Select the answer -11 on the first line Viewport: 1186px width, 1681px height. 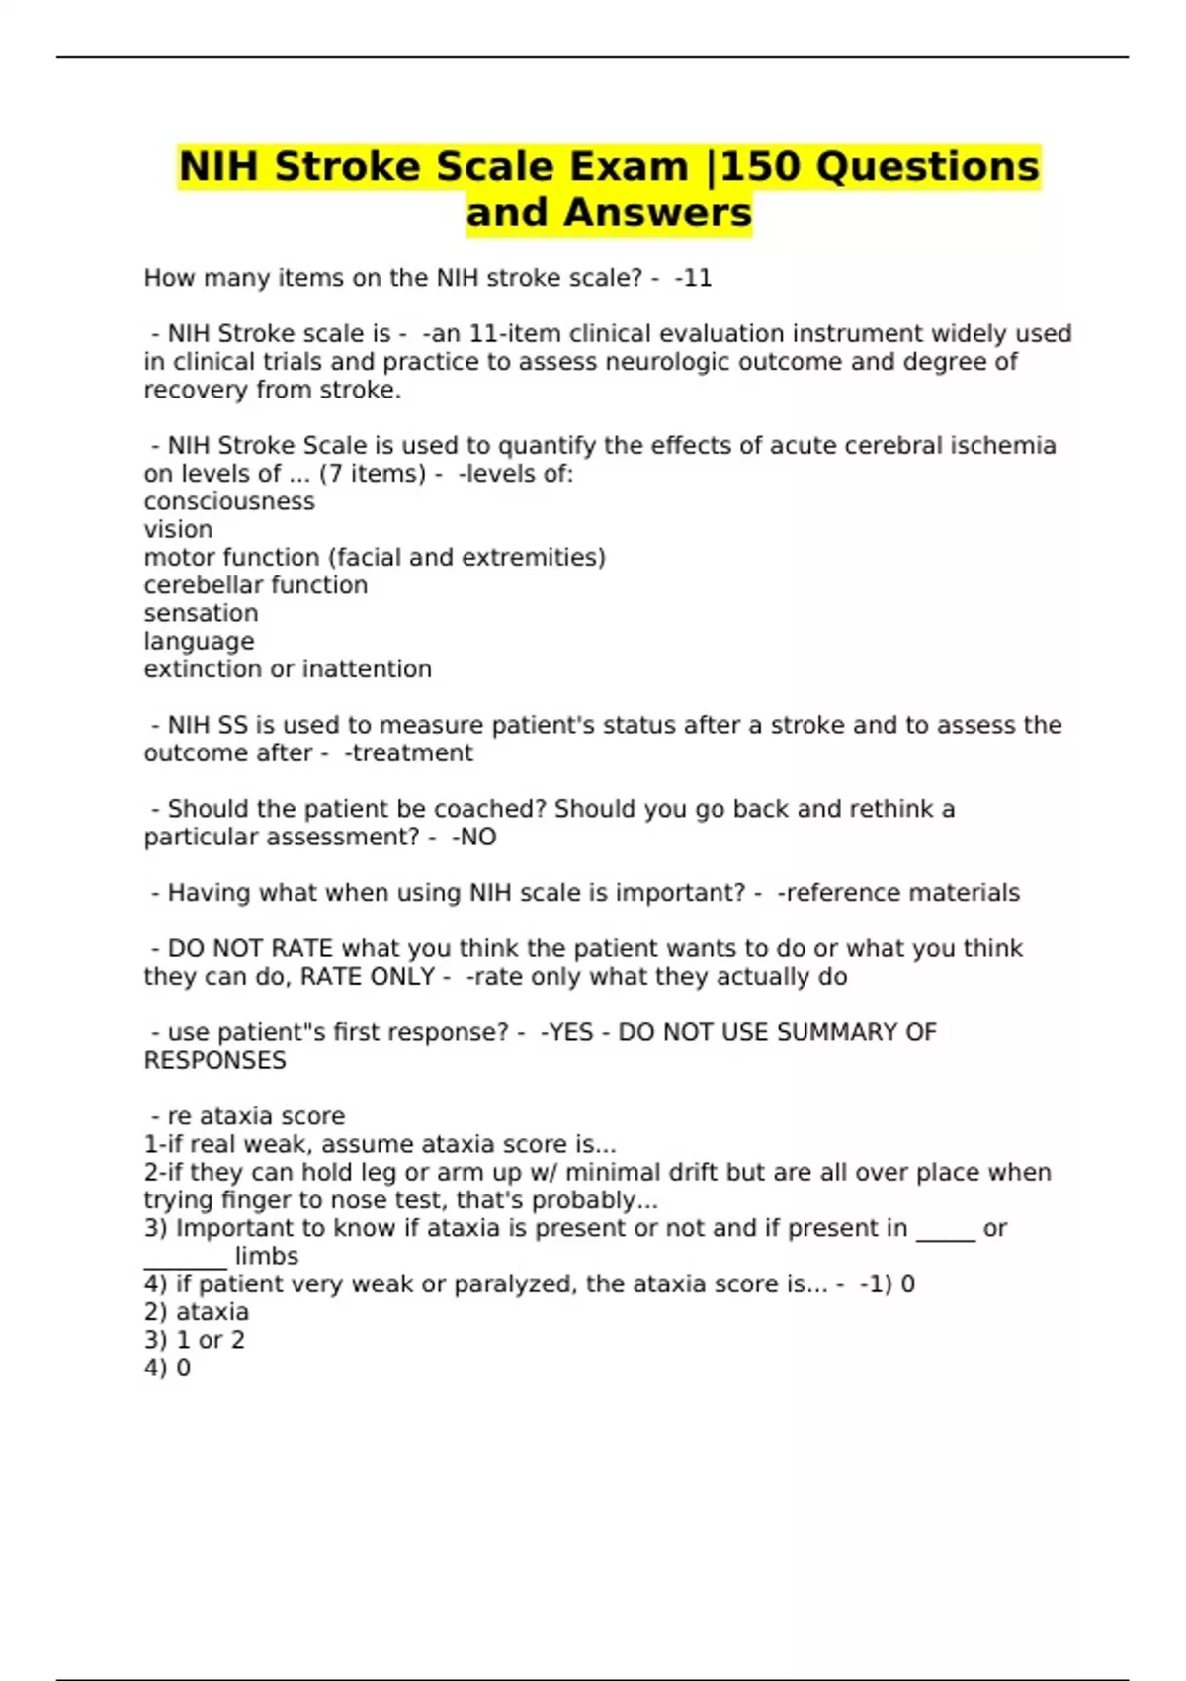pos(693,278)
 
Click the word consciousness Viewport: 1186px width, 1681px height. pos(229,501)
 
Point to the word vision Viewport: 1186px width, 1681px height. pos(178,529)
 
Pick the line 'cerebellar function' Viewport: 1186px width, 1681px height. pos(256,585)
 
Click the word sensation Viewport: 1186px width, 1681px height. pos(201,613)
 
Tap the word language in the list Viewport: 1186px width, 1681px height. pos(199,641)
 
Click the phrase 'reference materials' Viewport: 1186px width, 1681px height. pos(898,893)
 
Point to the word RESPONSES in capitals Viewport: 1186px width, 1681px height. pos(214,1061)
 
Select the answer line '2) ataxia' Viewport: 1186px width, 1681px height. pos(196,1312)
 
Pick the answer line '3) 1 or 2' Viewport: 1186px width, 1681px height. pos(194,1340)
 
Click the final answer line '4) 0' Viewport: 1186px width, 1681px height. pos(167,1369)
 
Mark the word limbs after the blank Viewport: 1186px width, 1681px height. pos(266,1257)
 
